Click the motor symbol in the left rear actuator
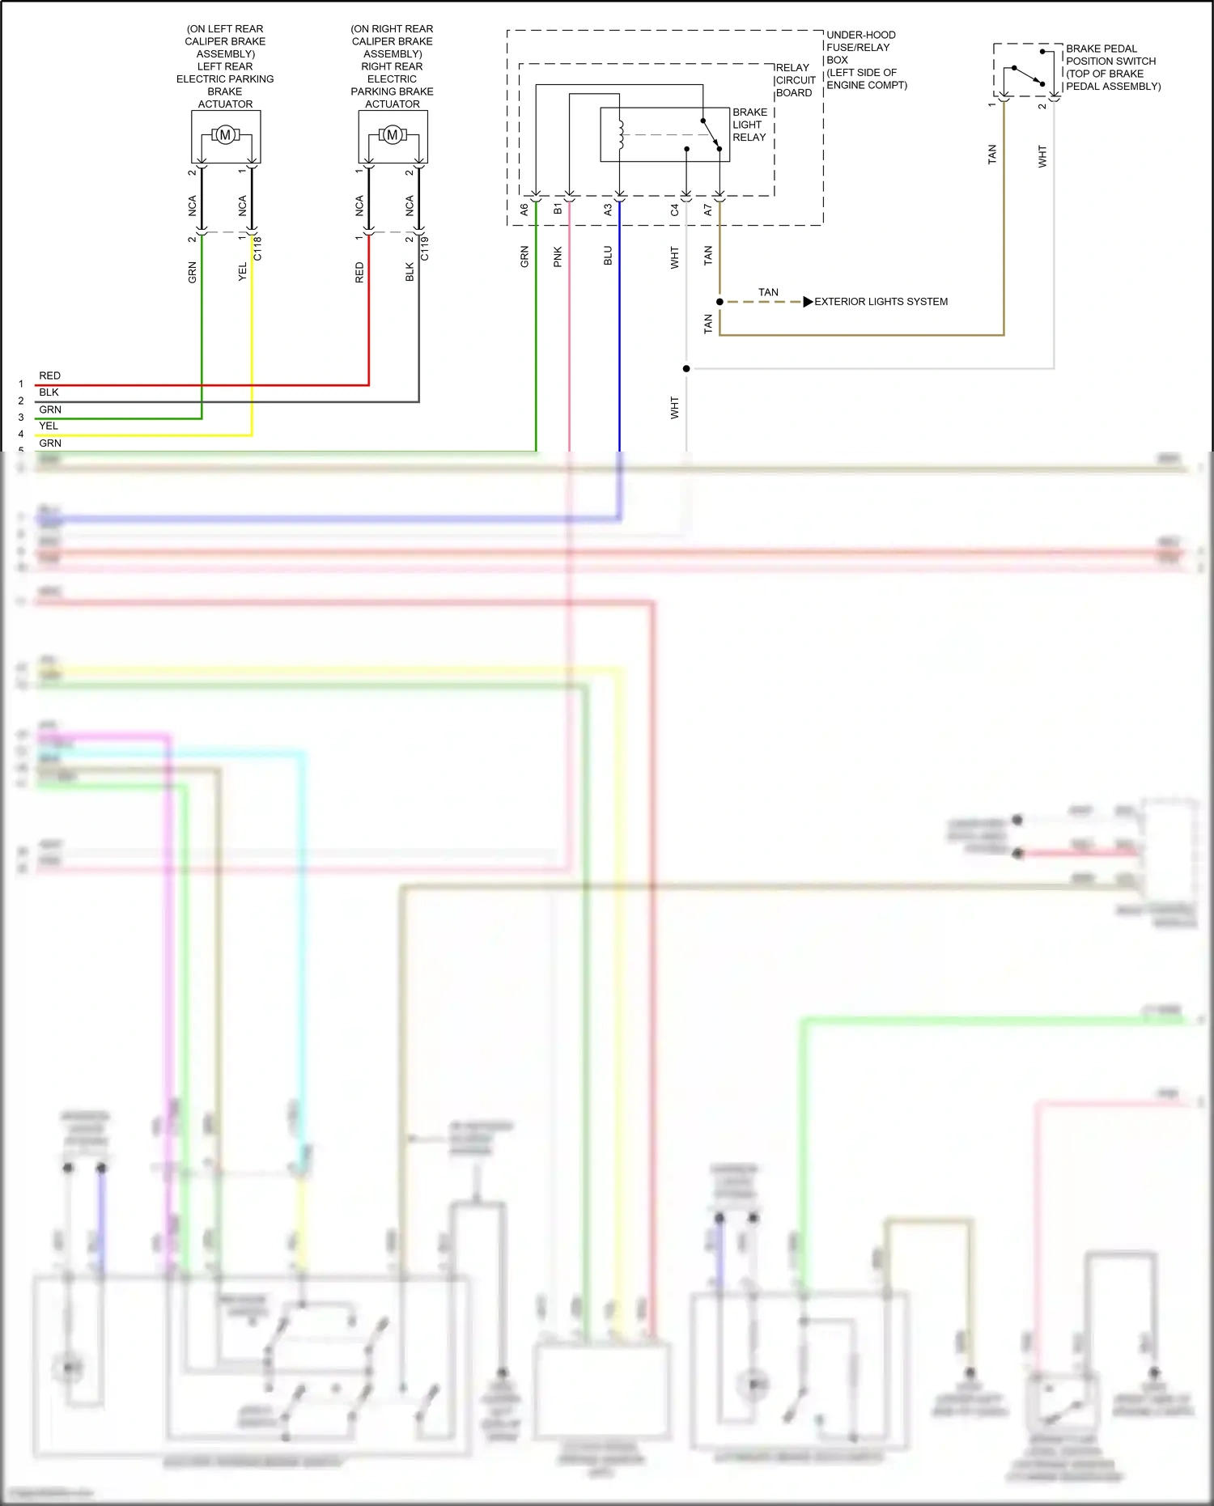point(225,135)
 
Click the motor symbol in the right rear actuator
point(393,135)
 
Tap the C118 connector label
point(258,248)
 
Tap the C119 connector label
point(425,248)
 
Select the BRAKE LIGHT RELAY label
point(749,125)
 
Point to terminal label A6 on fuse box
point(524,210)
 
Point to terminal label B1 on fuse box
point(558,210)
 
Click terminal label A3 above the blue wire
point(608,210)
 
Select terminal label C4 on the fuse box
point(674,210)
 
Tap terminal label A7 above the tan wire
point(708,210)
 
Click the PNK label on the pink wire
point(558,257)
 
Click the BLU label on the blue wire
point(608,256)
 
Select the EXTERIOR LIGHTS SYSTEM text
point(881,302)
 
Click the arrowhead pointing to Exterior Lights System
point(808,302)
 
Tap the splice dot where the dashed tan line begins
point(719,302)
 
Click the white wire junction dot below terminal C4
point(686,369)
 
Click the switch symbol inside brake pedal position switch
point(1028,75)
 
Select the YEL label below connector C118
point(242,272)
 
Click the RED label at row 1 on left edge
point(49,375)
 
